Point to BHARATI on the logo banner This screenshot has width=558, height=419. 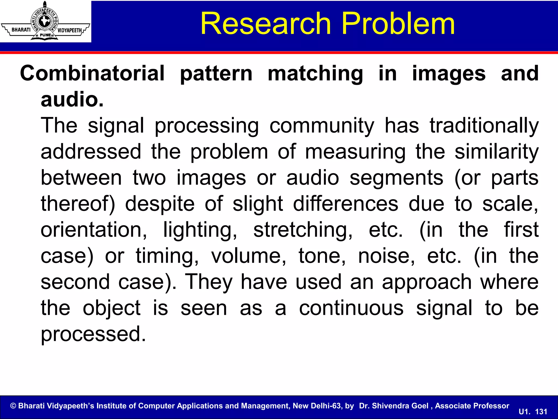(21, 30)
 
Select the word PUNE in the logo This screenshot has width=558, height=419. (45, 35)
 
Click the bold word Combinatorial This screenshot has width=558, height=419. (92, 73)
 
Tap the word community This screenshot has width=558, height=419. (322, 126)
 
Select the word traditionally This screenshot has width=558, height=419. (484, 126)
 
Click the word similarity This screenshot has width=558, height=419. (496, 152)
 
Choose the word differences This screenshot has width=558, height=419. (346, 204)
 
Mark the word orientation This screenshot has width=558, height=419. (93, 230)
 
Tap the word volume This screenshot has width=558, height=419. (248, 256)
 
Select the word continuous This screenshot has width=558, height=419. (351, 308)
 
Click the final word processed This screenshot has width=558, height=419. (93, 334)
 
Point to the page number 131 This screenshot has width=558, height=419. (541, 412)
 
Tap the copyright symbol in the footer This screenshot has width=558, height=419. (13, 406)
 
